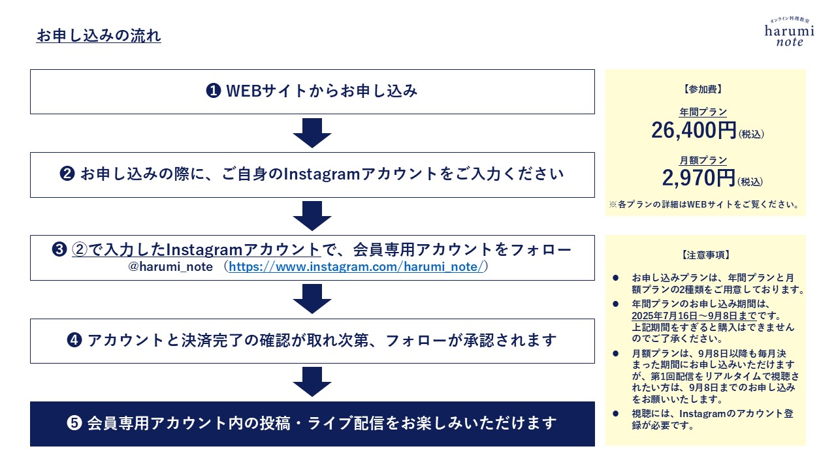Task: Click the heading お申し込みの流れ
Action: coord(99,36)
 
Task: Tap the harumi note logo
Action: coord(790,32)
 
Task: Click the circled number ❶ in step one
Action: coord(214,91)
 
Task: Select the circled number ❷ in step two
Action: coord(67,174)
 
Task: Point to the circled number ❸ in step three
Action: coord(59,249)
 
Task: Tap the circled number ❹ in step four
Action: coord(74,340)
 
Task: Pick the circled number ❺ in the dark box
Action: coord(74,423)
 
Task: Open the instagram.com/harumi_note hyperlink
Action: coord(356,267)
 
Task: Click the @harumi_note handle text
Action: coord(170,267)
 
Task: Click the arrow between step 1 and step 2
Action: coord(312,133)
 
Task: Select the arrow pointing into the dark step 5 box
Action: coord(312,382)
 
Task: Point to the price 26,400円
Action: coord(694,131)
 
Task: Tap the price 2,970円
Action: coord(699,178)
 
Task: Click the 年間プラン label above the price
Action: coord(703,112)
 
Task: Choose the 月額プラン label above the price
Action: coord(703,161)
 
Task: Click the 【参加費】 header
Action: coord(703,89)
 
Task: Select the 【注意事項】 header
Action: coord(705,255)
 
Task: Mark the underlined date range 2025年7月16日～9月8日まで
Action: coord(694,316)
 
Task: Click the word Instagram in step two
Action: coord(322,174)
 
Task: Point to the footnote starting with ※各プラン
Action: coord(704,204)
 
